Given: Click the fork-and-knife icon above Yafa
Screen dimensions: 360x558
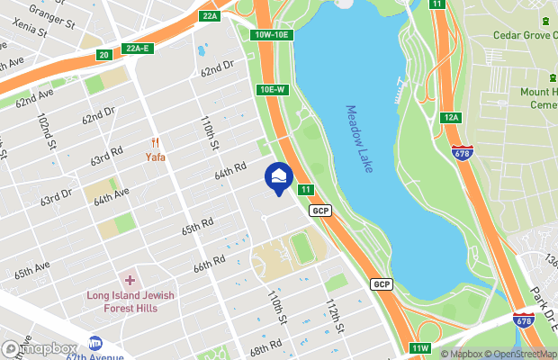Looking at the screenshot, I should coord(156,142).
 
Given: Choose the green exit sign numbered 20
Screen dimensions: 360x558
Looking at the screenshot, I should coord(103,56).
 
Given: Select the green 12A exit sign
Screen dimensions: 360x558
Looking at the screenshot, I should coord(451,118).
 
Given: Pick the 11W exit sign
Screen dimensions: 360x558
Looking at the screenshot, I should coord(420,348).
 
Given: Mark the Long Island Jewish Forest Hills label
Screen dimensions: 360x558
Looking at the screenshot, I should coord(130,301).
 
